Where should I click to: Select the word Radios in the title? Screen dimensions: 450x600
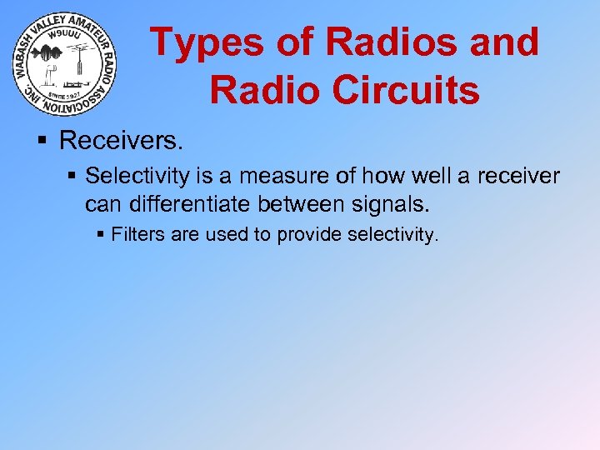[391, 42]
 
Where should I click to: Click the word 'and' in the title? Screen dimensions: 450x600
[502, 42]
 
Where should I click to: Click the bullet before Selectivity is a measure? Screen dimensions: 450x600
[72, 177]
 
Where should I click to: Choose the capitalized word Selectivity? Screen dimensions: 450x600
[130, 176]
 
